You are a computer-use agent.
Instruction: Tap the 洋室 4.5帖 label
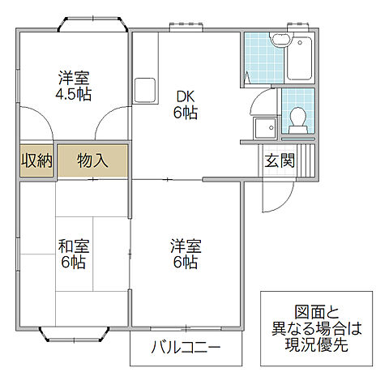pos(73,86)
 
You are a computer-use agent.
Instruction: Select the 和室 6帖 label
pos(72,253)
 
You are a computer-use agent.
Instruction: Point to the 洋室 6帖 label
pos(186,253)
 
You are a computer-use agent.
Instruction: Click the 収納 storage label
pos(36,160)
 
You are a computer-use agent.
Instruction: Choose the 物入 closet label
pos(92,160)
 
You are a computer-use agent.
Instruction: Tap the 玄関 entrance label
pos(280,160)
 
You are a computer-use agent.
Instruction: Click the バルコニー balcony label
pos(186,349)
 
